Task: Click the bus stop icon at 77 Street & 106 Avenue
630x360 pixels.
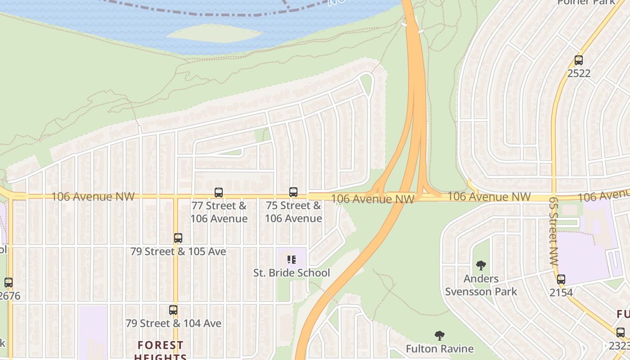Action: click(219, 193)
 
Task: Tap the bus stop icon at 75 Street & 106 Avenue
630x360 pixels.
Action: click(293, 192)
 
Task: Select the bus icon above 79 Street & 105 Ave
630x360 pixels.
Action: click(178, 238)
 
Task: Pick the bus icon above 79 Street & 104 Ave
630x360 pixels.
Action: click(173, 310)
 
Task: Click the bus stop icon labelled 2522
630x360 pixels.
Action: click(579, 60)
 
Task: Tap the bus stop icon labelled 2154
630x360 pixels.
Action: click(561, 279)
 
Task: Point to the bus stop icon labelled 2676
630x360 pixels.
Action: click(9, 283)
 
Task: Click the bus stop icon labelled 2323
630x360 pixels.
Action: click(621, 333)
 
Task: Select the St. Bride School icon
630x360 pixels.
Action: click(292, 260)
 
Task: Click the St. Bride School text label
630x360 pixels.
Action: click(292, 273)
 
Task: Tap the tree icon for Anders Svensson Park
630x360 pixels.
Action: click(481, 265)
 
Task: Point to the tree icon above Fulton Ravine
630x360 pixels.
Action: click(440, 336)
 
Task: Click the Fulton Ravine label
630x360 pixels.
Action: click(440, 349)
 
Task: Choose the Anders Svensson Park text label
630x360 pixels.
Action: click(481, 285)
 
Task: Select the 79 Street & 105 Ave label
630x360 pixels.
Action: click(178, 251)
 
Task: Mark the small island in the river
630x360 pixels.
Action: click(215, 33)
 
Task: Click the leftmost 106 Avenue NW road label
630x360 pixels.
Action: click(93, 197)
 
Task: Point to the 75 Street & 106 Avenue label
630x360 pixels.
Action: click(293, 212)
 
